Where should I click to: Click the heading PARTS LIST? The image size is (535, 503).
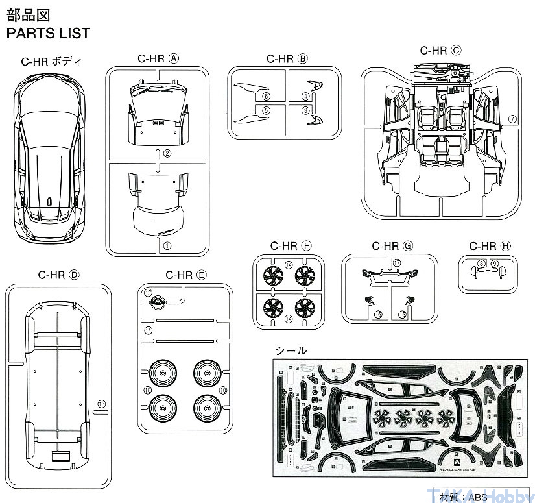pos(48,33)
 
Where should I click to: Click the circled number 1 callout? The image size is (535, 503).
pos(167,245)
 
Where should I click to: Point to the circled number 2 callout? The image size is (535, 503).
pos(167,153)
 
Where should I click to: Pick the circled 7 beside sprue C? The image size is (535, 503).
pos(512,119)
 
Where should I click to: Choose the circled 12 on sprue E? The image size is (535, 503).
pos(148,293)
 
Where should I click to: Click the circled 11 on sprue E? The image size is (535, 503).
pos(148,331)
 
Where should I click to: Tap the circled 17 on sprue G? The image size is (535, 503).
pos(396,263)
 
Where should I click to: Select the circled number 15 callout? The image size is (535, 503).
pos(402,314)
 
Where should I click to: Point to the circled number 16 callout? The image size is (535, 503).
pos(379,314)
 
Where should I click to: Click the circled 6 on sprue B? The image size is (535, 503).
pos(266,96)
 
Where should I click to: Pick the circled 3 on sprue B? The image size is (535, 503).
pos(305,111)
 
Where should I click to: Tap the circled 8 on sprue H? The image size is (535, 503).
pos(481,263)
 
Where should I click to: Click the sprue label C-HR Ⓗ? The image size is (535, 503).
pos(490,246)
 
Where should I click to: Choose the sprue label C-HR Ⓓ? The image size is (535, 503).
pos(58,275)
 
